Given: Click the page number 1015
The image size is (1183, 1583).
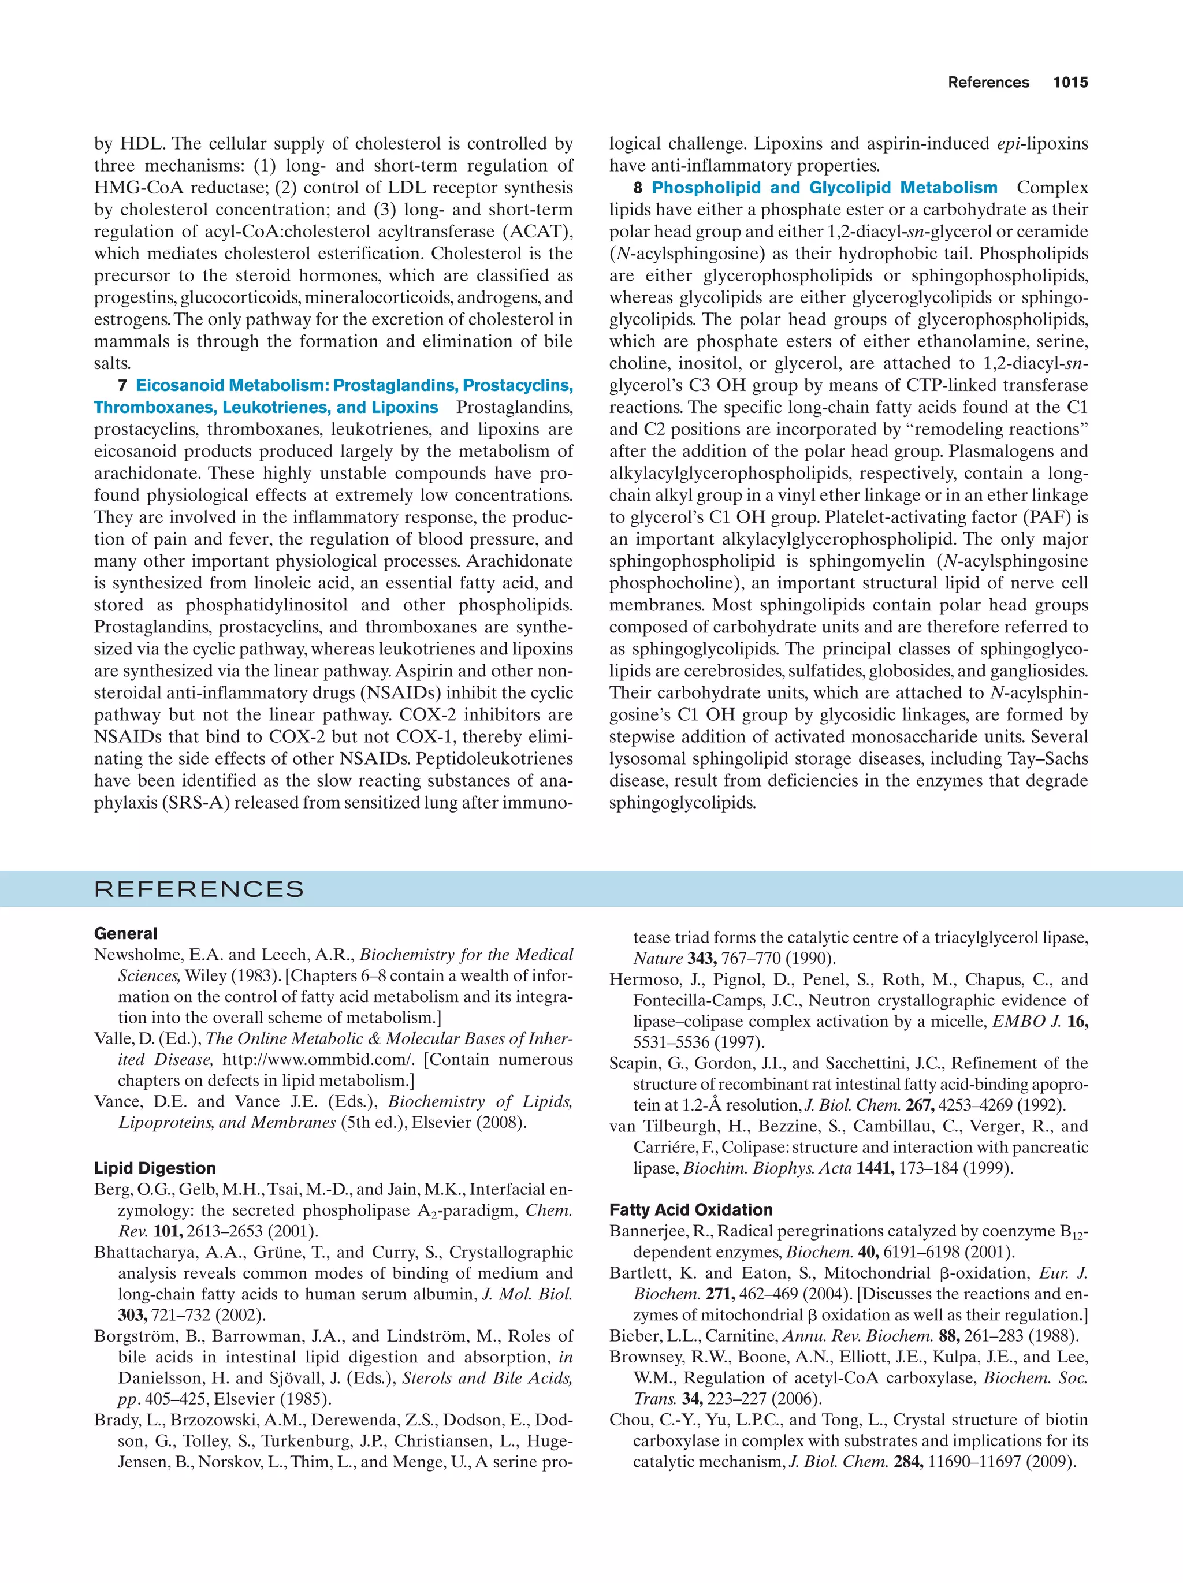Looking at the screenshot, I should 1070,83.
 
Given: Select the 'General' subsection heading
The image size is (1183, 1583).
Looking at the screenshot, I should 126,933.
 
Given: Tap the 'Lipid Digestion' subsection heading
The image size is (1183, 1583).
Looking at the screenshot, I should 155,1169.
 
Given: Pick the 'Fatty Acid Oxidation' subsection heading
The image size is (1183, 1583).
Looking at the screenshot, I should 691,1210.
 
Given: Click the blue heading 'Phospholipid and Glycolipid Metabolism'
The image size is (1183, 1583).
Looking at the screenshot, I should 824,188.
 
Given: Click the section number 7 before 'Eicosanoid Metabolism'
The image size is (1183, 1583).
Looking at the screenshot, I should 122,386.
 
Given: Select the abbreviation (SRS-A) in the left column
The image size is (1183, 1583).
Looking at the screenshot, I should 196,803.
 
